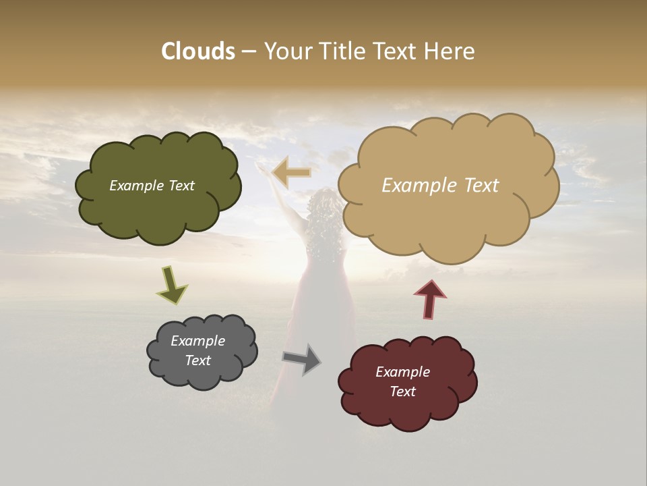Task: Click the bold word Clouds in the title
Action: point(197,51)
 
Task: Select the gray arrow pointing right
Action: point(302,358)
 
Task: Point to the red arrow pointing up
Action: point(430,299)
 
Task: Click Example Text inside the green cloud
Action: point(152,186)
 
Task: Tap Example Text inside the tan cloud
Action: point(440,186)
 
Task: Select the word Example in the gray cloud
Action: point(197,341)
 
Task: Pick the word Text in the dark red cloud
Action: point(402,391)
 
